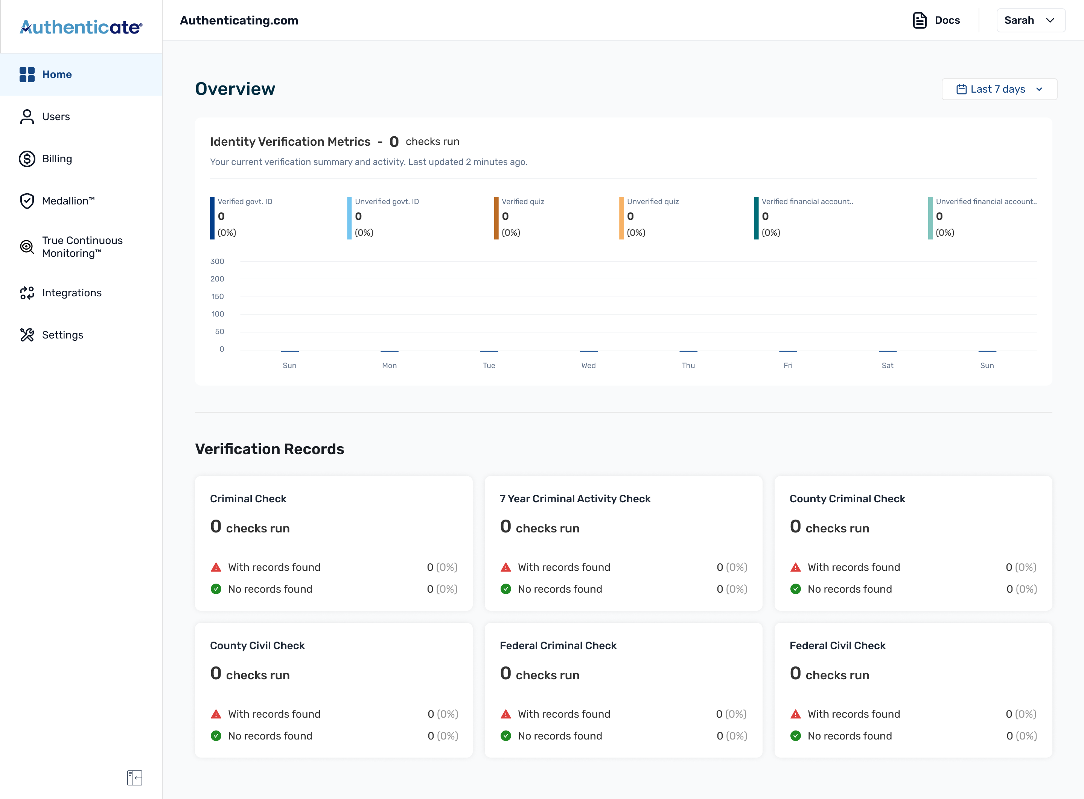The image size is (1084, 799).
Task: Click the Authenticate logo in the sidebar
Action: [x=81, y=27]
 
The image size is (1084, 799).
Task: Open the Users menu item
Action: [x=56, y=117]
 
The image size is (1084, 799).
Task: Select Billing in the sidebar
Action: [x=56, y=159]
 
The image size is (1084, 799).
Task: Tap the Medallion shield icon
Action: [x=27, y=201]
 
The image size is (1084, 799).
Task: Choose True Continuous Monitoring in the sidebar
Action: [x=82, y=247]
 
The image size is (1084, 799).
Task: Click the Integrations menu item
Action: [x=72, y=293]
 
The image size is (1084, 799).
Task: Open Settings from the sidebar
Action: [x=62, y=335]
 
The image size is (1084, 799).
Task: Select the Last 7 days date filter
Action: [x=999, y=89]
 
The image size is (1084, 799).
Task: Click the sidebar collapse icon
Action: [x=134, y=778]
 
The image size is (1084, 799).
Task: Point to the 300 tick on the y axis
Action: [x=217, y=261]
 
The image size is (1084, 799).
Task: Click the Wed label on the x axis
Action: [x=588, y=366]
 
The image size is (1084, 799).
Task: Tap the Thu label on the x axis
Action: [x=688, y=366]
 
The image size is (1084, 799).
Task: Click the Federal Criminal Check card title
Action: [x=558, y=646]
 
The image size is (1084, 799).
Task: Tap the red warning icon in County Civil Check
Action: [x=216, y=714]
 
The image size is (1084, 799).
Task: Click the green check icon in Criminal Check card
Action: [x=216, y=589]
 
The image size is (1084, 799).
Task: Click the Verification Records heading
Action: [x=269, y=449]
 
